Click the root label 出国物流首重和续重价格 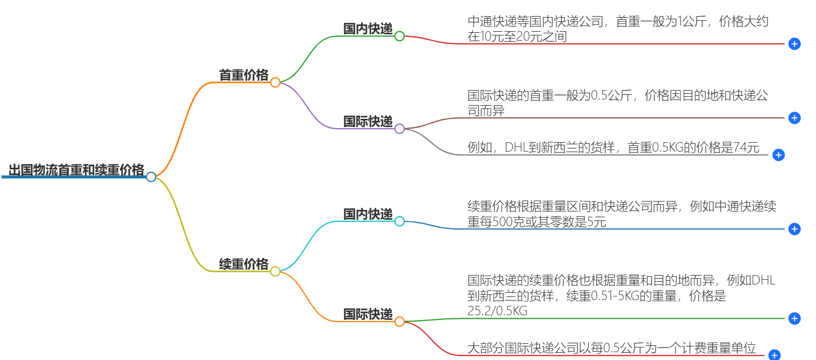[x=76, y=170]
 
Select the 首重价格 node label [x=243, y=76]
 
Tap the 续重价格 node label [x=243, y=264]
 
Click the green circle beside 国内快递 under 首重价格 [x=400, y=36]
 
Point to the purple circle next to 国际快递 [x=400, y=128]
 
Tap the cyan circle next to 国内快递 [x=400, y=221]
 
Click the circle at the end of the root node [x=151, y=177]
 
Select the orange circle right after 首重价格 [x=275, y=82]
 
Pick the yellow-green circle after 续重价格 [x=275, y=271]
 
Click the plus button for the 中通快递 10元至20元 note [x=794, y=44]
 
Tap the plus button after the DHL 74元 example [x=778, y=155]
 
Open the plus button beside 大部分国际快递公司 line [x=774, y=355]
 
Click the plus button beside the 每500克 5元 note [x=794, y=229]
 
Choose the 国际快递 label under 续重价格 [x=367, y=314]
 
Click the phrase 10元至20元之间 [x=517, y=36]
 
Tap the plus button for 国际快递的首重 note [x=794, y=118]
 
